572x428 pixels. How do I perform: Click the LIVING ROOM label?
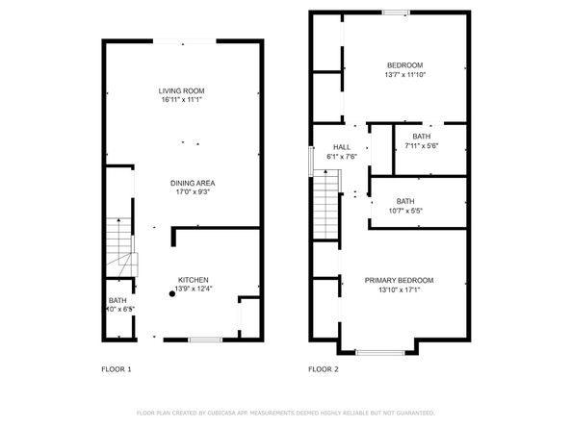(x=181, y=90)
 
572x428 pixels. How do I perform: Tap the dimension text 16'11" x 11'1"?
(x=181, y=100)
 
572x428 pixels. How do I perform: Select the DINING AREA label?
(x=193, y=183)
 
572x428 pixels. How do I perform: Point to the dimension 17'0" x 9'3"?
(x=193, y=192)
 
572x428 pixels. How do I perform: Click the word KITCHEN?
(x=193, y=280)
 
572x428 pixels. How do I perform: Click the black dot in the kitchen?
(x=172, y=294)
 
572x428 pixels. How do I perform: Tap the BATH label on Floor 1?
(x=117, y=301)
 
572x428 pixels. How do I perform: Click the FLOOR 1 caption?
(x=117, y=368)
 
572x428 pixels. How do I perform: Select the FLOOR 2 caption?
(x=324, y=368)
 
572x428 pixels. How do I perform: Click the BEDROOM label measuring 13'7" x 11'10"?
(x=403, y=65)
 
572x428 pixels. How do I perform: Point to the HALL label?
(x=342, y=147)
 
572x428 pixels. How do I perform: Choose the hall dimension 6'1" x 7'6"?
(x=342, y=157)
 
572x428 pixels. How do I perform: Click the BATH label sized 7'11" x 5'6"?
(x=421, y=137)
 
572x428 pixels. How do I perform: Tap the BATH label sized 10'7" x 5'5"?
(x=405, y=201)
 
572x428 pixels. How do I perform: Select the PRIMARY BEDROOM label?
(x=399, y=280)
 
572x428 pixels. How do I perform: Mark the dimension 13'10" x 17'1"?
(x=399, y=290)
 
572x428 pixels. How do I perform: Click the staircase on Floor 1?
(x=118, y=246)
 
